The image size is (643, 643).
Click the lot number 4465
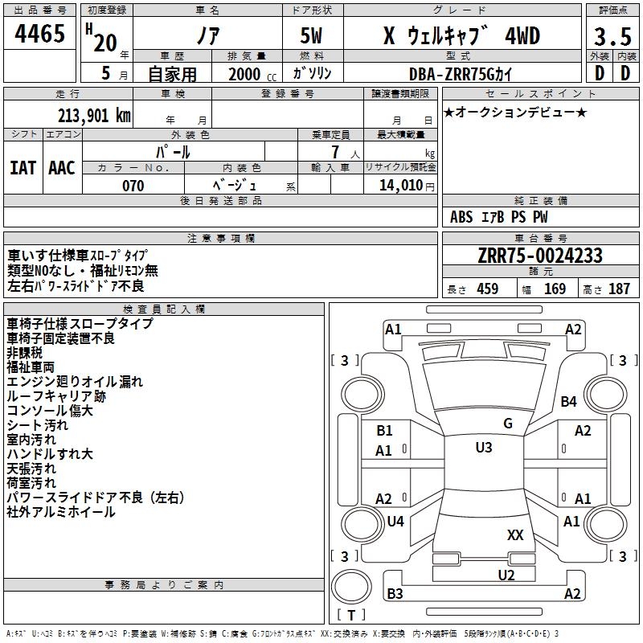coord(39,35)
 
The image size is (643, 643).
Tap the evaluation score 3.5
coord(611,38)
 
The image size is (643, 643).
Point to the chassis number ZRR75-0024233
coord(540,256)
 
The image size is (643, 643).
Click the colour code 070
coord(133,186)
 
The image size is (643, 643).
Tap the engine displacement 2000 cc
coord(246,73)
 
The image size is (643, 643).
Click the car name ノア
coord(207,36)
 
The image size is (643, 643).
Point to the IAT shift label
coord(23,167)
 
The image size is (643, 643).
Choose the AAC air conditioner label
coord(61,167)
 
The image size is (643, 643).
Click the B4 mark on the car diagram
coord(569,401)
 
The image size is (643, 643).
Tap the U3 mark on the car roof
coord(483,448)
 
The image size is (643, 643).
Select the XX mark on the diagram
coord(515,534)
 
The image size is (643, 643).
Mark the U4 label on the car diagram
coord(395,522)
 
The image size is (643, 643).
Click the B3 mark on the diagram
coord(395,594)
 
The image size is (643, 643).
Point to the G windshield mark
coord(507,424)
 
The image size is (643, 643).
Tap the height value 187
coord(619,289)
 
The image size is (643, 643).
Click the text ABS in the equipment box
coord(461,217)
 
